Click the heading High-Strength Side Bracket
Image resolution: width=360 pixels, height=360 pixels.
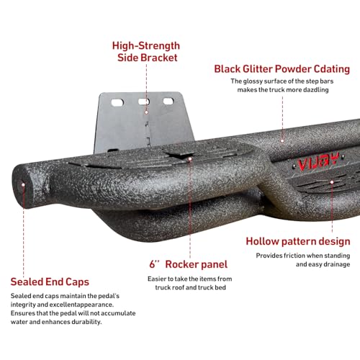point(146,52)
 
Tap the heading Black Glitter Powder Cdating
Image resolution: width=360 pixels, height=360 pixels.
point(282,69)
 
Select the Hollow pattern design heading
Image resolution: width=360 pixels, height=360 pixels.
point(298,241)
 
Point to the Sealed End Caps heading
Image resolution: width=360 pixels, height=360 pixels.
point(50,282)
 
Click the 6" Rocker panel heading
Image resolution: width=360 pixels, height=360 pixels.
point(189,264)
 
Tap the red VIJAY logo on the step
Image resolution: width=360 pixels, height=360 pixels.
point(318,162)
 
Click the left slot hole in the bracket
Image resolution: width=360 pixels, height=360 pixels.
point(117,102)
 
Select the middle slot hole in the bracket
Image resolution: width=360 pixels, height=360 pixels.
point(144,102)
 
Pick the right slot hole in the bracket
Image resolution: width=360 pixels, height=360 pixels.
point(168,101)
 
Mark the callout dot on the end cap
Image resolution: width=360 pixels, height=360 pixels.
point(23,185)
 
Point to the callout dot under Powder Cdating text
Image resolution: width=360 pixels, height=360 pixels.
point(282,141)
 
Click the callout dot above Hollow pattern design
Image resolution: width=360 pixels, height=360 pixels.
point(332,182)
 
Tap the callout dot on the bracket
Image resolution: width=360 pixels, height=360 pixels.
point(146,112)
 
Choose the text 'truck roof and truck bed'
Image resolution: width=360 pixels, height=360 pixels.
point(190,287)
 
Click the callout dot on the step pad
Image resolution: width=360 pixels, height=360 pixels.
point(190,159)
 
